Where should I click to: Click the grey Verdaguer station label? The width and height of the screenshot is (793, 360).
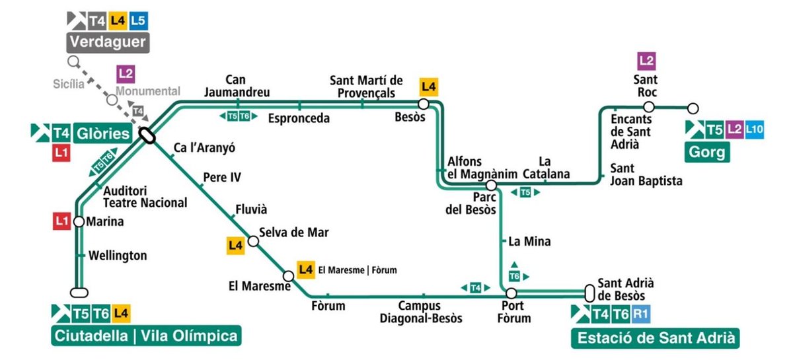point(107,43)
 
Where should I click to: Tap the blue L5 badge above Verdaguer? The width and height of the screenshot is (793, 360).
point(138,20)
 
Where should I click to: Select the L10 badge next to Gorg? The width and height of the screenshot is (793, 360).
point(755,129)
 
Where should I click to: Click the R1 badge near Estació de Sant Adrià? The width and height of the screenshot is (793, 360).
point(640,314)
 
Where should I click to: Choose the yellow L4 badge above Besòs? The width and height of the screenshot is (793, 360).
point(429,87)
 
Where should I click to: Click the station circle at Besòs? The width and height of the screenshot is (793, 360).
point(424,104)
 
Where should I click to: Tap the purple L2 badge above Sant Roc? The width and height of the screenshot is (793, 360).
point(647,61)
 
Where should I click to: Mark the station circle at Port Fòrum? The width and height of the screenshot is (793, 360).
point(511,293)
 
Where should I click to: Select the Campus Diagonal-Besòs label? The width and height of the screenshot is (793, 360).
point(421,312)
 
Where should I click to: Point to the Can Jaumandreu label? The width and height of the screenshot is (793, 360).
point(237,86)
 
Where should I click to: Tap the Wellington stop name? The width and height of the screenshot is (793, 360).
point(118,255)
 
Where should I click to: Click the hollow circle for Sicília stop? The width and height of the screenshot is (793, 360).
point(73,62)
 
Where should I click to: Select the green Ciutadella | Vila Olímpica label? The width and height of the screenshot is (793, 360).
point(145,336)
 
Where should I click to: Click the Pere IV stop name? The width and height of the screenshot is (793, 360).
point(222,177)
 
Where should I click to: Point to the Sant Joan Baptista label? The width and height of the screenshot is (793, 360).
point(646,174)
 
